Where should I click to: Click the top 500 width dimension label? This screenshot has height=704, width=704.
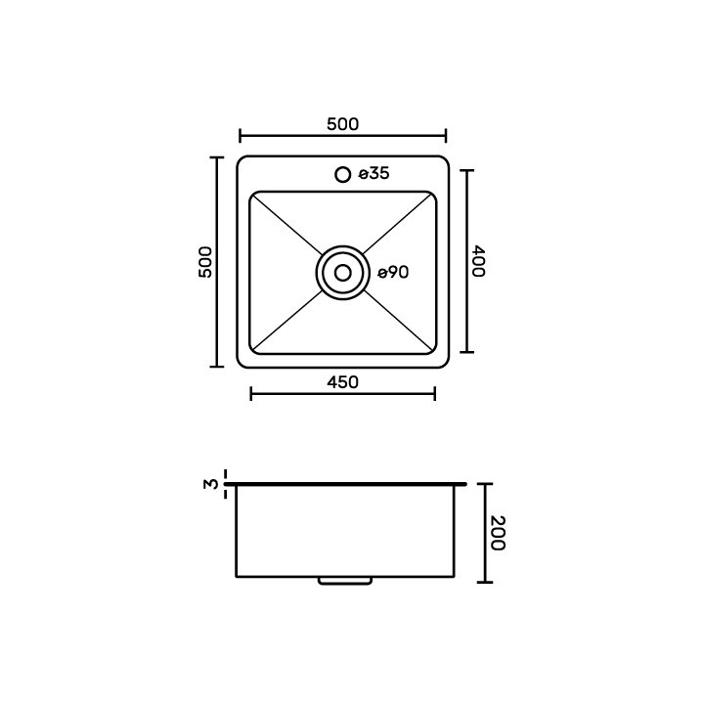pos(342,124)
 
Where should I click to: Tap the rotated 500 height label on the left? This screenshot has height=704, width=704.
pos(205,262)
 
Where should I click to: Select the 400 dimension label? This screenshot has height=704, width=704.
pos(478,261)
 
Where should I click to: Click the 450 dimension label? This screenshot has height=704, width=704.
pos(342,382)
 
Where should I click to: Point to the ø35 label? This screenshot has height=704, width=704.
pos(374,173)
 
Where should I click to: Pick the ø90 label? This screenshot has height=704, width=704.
pos(393,273)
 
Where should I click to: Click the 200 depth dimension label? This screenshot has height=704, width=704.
pos(498,533)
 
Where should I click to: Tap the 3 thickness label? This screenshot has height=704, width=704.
pos(210,484)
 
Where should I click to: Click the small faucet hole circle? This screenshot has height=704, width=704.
pos(343,174)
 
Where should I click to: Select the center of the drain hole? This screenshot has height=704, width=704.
pos(343,273)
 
